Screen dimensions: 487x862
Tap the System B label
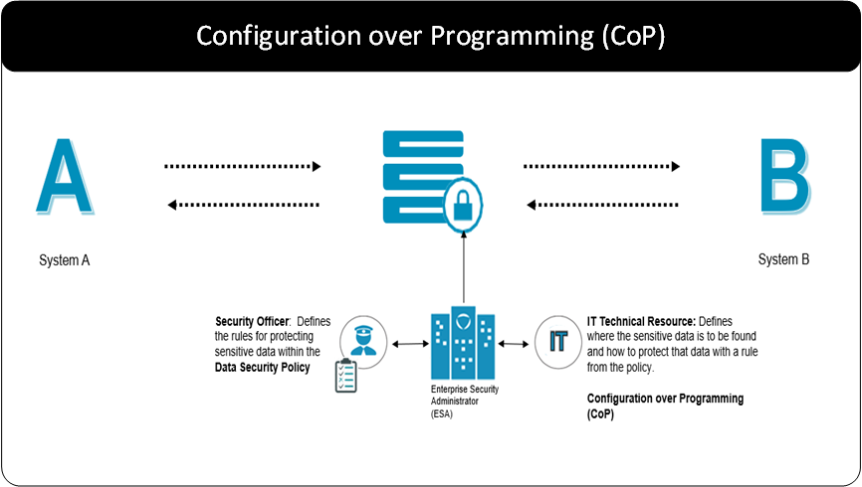[783, 260]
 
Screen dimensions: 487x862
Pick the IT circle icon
[558, 342]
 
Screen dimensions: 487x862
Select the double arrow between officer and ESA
[409, 344]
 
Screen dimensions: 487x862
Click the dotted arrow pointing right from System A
[243, 166]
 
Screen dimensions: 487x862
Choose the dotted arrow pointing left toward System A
[243, 205]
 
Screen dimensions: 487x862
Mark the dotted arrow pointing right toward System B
[606, 166]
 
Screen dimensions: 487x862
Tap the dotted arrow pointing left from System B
[606, 205]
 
